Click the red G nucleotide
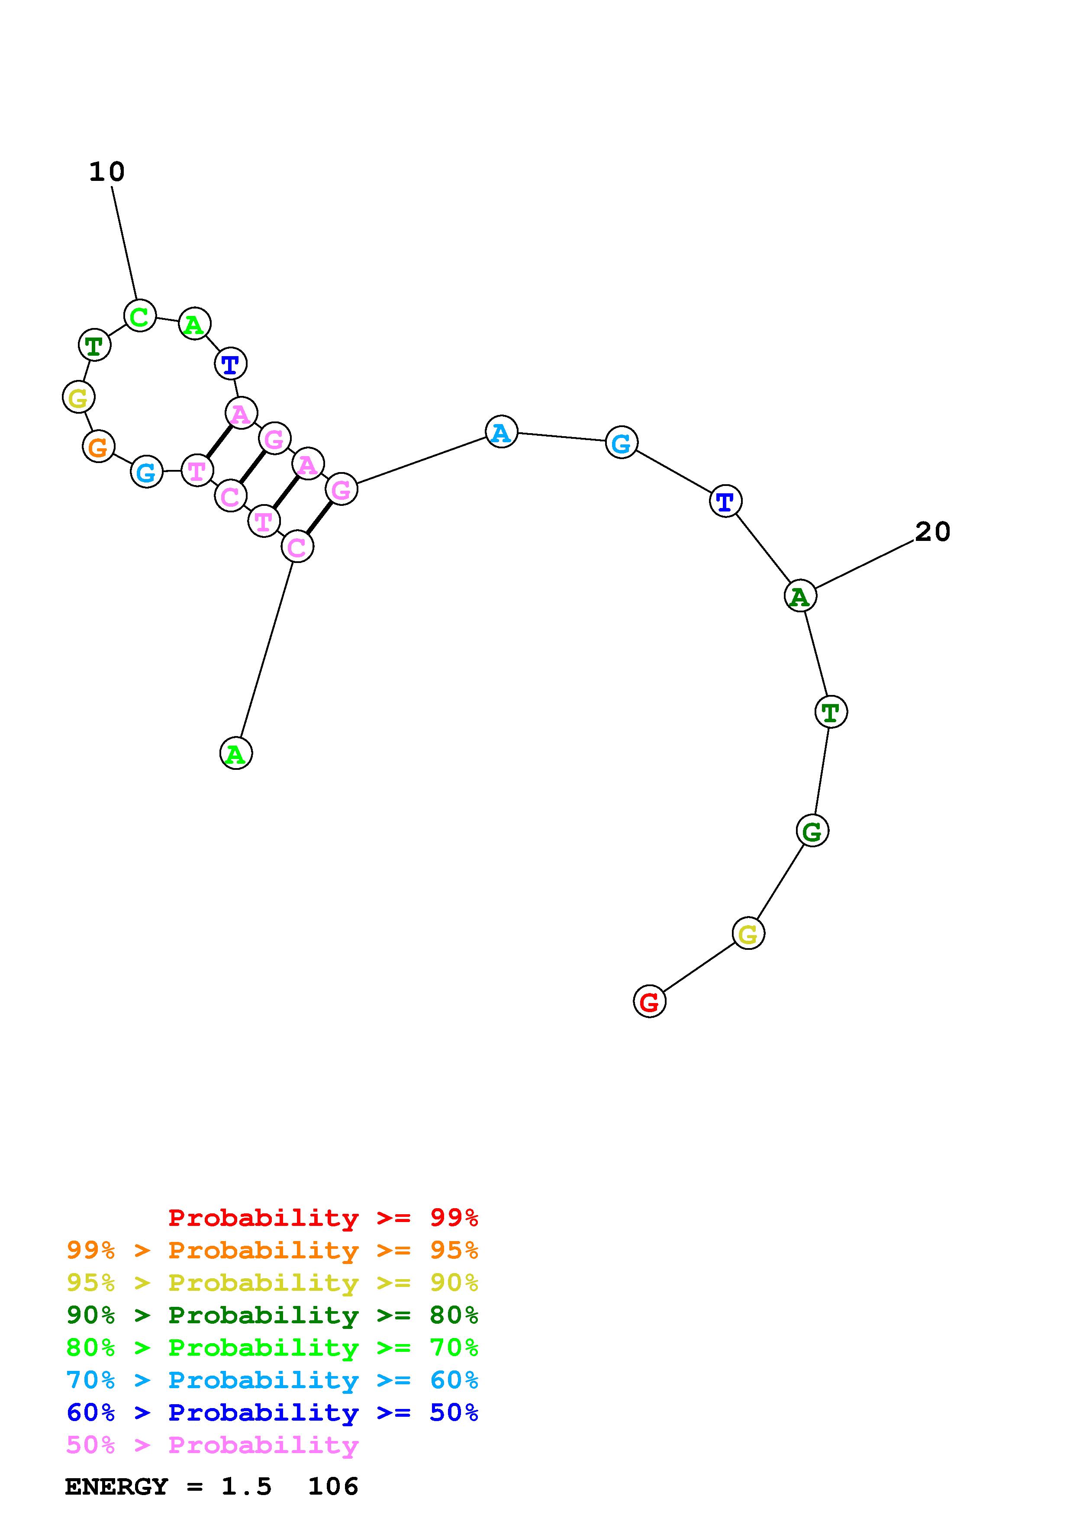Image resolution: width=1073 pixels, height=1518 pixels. (x=649, y=1002)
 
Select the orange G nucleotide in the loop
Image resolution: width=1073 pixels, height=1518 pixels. (x=98, y=447)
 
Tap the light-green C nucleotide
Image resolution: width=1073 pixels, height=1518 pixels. (x=139, y=316)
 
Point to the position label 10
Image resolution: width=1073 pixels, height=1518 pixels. (x=106, y=172)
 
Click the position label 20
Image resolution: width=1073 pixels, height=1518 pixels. (x=932, y=531)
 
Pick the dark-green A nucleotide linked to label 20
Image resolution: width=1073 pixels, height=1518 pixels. (x=800, y=596)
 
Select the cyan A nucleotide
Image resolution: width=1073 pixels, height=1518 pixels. (x=501, y=432)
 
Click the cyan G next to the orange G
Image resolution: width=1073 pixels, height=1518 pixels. (x=146, y=472)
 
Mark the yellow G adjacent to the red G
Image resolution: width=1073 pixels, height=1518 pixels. (x=748, y=933)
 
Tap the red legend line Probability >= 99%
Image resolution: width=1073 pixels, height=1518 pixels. (x=323, y=1217)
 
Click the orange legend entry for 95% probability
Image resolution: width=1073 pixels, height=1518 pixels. (x=272, y=1250)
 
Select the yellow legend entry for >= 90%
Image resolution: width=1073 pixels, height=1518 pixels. (x=272, y=1283)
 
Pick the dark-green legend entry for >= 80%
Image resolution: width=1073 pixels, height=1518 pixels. (x=272, y=1315)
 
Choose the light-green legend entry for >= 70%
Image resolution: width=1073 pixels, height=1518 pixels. (x=272, y=1348)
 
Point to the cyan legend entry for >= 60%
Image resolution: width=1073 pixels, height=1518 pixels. (x=272, y=1380)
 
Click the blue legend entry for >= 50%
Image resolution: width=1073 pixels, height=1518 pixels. (x=272, y=1412)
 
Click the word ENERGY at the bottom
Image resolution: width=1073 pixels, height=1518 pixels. (x=116, y=1486)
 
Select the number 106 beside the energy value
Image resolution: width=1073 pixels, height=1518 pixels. (x=333, y=1486)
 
